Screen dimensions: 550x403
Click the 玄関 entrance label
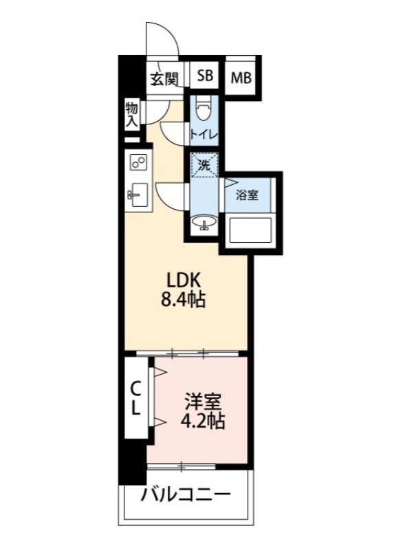click(x=164, y=78)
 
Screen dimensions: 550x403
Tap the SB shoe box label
click(x=205, y=76)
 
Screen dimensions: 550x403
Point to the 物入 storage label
click(x=132, y=114)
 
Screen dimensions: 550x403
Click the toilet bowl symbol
click(x=203, y=109)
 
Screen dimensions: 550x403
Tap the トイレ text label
click(x=204, y=133)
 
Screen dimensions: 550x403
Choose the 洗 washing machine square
click(x=204, y=165)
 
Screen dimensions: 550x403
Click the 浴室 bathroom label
click(x=248, y=195)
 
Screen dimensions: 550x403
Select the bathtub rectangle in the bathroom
click(x=250, y=229)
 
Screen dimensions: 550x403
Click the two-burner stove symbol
click(x=137, y=163)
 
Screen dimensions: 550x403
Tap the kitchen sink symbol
click(x=135, y=195)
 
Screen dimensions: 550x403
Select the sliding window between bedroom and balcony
click(x=182, y=467)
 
